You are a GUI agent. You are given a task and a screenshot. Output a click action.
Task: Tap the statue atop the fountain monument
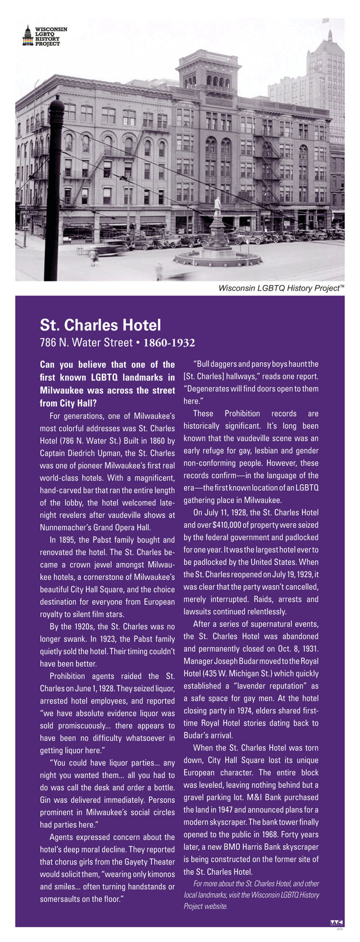pyautogui.click(x=218, y=206)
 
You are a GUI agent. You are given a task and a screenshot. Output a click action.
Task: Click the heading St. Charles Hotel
pyautogui.click(x=100, y=325)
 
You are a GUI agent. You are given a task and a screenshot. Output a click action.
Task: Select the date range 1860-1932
pyautogui.click(x=169, y=342)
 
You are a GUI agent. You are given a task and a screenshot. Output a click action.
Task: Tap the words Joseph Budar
pyautogui.click(x=224, y=661)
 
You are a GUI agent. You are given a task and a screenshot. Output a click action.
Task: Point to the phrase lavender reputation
pyautogui.click(x=269, y=686)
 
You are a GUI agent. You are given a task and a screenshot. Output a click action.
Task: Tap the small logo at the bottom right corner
pyautogui.click(x=336, y=923)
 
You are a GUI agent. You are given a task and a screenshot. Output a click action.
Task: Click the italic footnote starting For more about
pyautogui.click(x=251, y=895)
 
